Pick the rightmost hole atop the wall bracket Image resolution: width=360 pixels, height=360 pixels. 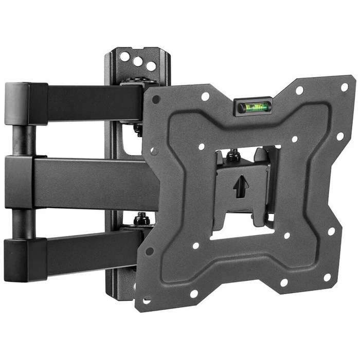click(151, 66)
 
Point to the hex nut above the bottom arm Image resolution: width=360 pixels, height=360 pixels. click(141, 221)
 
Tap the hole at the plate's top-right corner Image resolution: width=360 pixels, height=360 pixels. click(344, 87)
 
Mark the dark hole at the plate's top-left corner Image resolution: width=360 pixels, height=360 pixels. click(156, 100)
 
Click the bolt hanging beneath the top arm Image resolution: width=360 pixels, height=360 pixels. click(138, 129)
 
